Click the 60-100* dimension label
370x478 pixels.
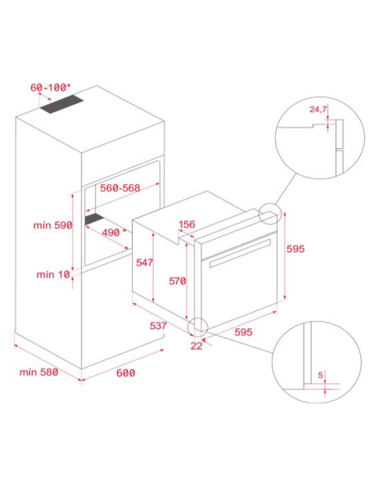point(50,88)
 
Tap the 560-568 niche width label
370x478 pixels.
point(120,187)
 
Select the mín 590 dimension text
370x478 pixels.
point(52,225)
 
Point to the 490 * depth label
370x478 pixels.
point(114,232)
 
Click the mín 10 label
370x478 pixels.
point(53,275)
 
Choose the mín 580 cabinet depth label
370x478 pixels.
point(38,372)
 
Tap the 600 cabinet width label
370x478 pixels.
point(125,373)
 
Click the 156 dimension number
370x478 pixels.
point(187,224)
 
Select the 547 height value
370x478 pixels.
point(144,263)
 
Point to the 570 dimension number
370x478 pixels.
point(178,281)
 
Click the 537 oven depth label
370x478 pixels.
point(158,326)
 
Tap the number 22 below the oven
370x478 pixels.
point(196,345)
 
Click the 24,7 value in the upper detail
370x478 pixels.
point(318,109)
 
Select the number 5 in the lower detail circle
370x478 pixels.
point(320,375)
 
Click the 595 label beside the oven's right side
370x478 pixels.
point(296,249)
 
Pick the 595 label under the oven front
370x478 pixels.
point(243,332)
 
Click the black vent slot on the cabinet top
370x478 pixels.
point(61,104)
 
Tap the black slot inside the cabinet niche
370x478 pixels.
point(95,219)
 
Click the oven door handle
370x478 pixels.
point(240,253)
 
